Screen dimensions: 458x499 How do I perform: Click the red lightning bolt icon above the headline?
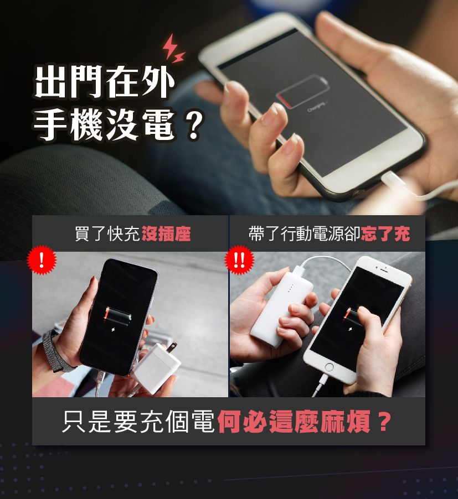[x=173, y=48]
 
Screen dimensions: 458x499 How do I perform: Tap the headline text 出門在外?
[x=105, y=82]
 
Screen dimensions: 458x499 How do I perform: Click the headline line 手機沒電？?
[x=119, y=124]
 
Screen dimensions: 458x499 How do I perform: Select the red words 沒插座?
[x=166, y=234]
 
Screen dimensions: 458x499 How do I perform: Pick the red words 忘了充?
[x=385, y=234]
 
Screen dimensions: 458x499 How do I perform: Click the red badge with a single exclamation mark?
[x=42, y=260]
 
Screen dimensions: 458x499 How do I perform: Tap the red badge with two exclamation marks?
[x=239, y=260]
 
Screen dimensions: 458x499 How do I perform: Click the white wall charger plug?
[x=157, y=366]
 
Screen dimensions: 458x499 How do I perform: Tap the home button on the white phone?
[x=329, y=367]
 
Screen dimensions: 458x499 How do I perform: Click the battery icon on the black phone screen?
[x=117, y=316]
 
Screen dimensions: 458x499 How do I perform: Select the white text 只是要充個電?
[x=138, y=422]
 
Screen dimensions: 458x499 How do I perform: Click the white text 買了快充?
[x=107, y=234]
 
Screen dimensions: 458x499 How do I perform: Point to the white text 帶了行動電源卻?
[x=304, y=234]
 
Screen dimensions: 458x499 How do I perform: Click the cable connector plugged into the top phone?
[x=393, y=180]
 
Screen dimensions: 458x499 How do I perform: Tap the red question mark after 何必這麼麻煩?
[x=383, y=422]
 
